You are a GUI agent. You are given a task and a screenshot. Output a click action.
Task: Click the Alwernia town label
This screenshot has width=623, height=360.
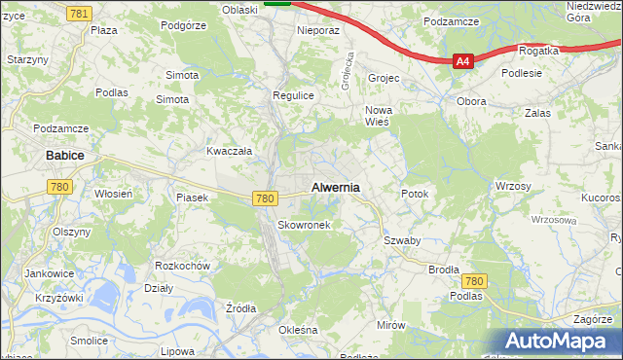pyautogui.click(x=335, y=187)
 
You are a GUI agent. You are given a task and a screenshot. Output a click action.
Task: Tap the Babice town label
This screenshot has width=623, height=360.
pyautogui.click(x=65, y=156)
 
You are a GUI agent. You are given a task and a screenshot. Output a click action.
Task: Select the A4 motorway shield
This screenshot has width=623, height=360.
pyautogui.click(x=463, y=61)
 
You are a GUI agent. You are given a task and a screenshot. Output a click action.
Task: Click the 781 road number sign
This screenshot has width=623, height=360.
pyautogui.click(x=81, y=12)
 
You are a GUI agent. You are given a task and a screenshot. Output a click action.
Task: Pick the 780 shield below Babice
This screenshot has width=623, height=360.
pyautogui.click(x=60, y=186)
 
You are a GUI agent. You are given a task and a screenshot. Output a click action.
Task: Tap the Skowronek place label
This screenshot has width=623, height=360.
pyautogui.click(x=304, y=225)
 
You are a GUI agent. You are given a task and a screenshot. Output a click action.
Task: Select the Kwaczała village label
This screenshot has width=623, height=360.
pyautogui.click(x=230, y=151)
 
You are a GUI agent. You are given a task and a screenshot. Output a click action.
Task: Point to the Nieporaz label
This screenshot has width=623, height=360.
pyautogui.click(x=318, y=30)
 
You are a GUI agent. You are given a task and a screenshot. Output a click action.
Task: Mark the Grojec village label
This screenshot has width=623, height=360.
pyautogui.click(x=385, y=77)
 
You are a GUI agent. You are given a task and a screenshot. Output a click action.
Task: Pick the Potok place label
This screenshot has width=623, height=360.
pyautogui.click(x=415, y=194)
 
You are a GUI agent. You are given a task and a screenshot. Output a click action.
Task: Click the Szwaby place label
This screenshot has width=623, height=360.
pyautogui.click(x=401, y=240)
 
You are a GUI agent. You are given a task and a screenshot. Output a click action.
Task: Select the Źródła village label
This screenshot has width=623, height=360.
pyautogui.click(x=240, y=308)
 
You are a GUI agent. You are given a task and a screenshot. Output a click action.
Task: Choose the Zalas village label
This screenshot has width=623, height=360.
pyautogui.click(x=536, y=113)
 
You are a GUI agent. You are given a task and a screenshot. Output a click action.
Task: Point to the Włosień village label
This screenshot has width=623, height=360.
pyautogui.click(x=113, y=194)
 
